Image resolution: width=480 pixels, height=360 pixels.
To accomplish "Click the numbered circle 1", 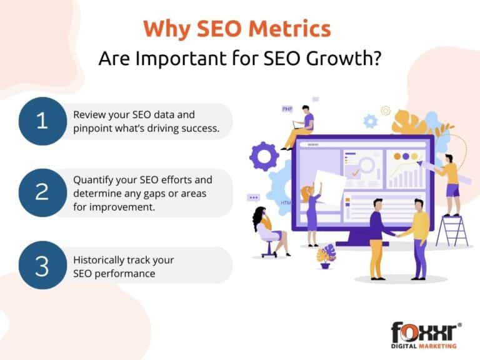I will click(x=42, y=121).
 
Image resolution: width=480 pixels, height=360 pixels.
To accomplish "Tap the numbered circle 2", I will click(x=42, y=192).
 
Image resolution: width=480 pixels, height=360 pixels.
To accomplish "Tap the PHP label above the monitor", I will click(x=287, y=109).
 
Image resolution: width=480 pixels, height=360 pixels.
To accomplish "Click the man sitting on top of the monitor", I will click(x=301, y=127).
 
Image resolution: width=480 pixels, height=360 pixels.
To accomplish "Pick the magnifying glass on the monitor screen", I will click(x=364, y=164).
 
